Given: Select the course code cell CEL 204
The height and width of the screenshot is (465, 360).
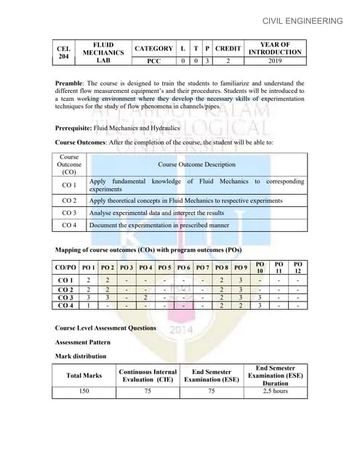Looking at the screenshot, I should tap(63, 53).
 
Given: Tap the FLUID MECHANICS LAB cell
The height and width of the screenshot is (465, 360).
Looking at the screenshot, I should tap(97, 53).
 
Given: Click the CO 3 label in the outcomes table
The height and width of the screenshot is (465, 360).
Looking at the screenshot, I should tap(70, 212).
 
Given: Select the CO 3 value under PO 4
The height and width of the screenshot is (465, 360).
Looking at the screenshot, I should tap(145, 297).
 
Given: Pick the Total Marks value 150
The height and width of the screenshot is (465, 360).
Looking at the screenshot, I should tap(84, 391).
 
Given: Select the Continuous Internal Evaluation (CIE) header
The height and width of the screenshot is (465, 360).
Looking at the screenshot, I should tap(148, 375).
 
